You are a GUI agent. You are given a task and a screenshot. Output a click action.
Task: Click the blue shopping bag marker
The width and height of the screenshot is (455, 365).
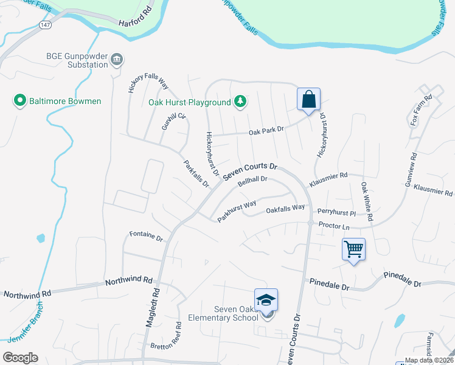(x=308, y=99)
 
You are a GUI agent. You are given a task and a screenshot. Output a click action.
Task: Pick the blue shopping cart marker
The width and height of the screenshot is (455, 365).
(x=353, y=248)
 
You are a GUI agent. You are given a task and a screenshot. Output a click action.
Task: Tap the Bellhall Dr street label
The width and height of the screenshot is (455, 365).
(x=253, y=181)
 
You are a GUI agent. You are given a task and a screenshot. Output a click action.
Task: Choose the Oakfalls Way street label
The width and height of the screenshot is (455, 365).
(x=285, y=210)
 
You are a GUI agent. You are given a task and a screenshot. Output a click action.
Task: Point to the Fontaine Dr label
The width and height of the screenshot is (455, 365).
(x=146, y=235)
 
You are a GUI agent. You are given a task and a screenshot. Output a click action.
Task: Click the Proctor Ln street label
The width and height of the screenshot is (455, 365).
(x=334, y=227)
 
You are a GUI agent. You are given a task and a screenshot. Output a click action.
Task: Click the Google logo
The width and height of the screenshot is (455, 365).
(x=20, y=358)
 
